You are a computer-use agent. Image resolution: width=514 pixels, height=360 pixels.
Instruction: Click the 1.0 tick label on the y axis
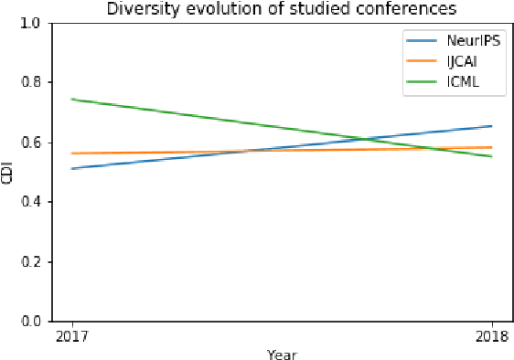point(31,23)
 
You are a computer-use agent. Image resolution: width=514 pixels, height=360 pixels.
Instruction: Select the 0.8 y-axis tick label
point(31,82)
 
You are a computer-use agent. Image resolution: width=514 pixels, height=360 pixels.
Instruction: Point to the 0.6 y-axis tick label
point(31,143)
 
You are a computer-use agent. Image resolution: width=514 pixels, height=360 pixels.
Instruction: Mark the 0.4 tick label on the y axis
point(31,202)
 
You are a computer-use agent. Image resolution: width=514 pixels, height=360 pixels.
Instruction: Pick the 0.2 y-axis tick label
point(31,262)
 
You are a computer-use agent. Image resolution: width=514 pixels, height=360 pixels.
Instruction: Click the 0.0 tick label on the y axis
point(31,322)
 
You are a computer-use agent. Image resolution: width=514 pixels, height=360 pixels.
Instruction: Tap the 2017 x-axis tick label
point(70,336)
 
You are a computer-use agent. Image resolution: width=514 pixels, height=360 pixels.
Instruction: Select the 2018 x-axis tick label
point(492,336)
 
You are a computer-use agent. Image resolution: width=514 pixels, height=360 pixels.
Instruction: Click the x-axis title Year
point(282,354)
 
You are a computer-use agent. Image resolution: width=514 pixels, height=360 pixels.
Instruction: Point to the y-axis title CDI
point(8,173)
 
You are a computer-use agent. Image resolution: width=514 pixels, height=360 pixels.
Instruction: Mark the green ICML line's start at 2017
point(71,99)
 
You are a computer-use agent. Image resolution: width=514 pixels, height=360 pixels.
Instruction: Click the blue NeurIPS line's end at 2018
point(492,126)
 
